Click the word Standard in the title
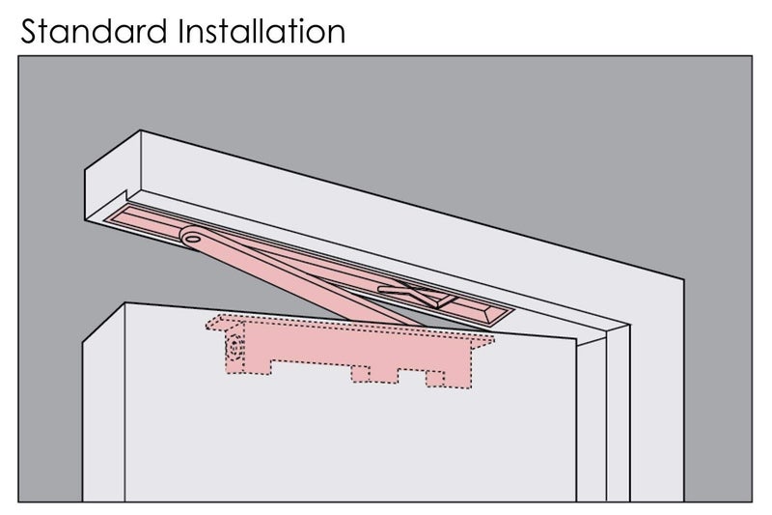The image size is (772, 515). [x=94, y=31]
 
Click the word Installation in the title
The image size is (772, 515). [x=262, y=31]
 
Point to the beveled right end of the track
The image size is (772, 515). [x=497, y=314]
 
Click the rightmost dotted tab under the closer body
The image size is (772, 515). [x=434, y=379]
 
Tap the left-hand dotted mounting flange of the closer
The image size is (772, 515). [x=225, y=324]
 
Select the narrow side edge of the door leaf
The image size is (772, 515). [x=103, y=403]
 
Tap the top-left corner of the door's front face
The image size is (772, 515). [x=125, y=303]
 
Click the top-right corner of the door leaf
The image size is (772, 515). [x=576, y=338]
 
